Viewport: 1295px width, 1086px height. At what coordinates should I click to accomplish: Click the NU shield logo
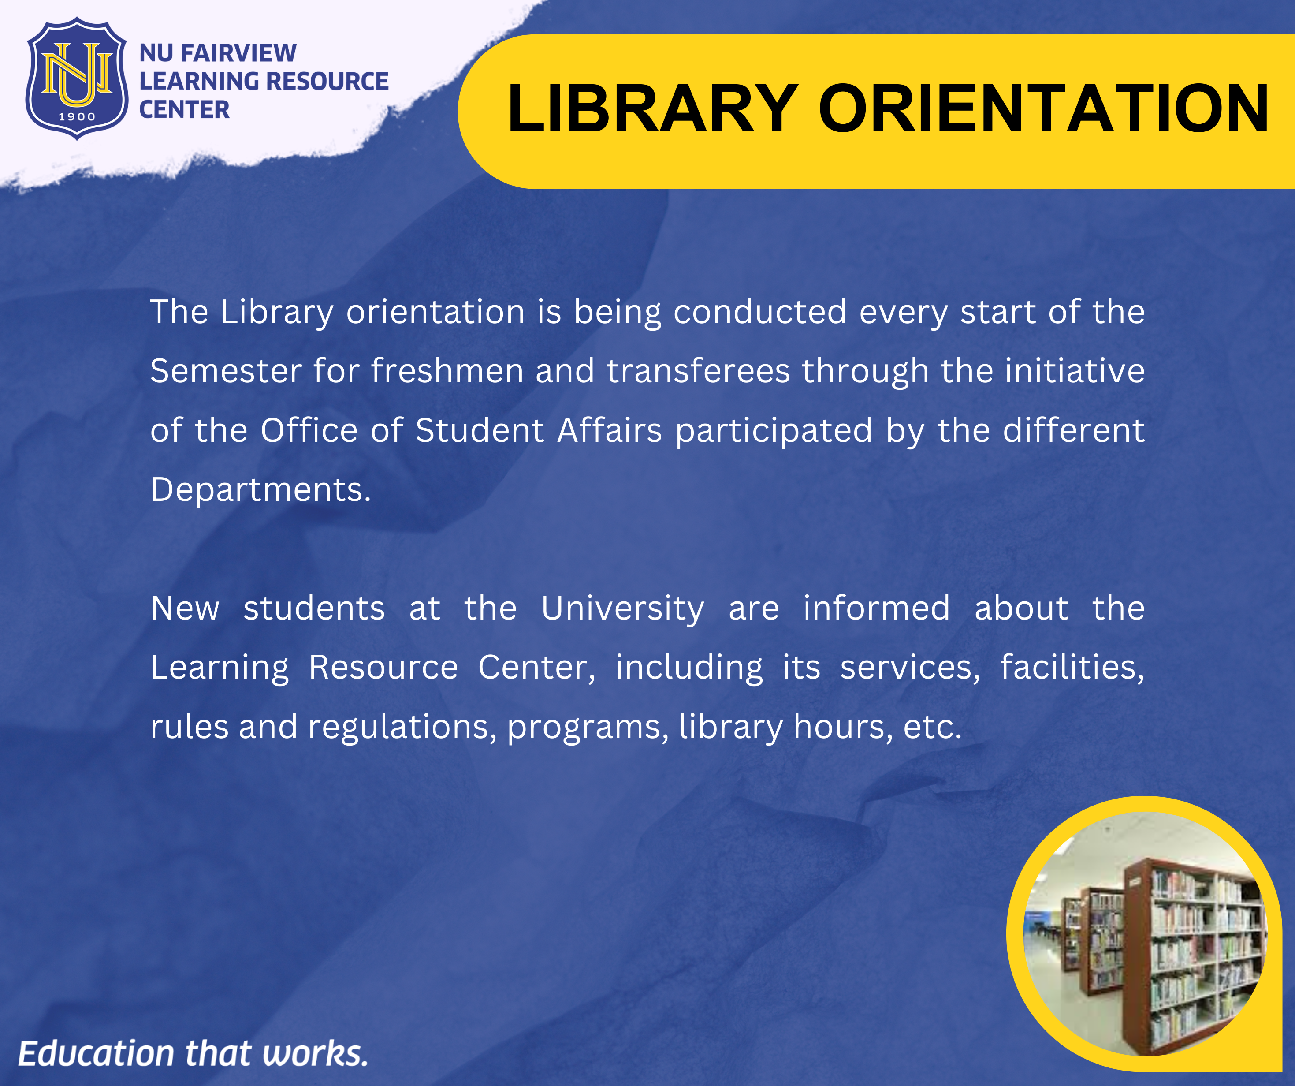pyautogui.click(x=77, y=78)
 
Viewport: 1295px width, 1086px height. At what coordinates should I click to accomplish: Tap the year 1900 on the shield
pyautogui.click(x=77, y=116)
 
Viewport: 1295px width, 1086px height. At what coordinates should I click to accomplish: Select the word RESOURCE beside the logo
pyautogui.click(x=327, y=82)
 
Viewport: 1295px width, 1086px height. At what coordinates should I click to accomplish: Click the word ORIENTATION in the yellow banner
pyautogui.click(x=1043, y=109)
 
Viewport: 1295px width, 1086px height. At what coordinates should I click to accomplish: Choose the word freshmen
pyautogui.click(x=447, y=371)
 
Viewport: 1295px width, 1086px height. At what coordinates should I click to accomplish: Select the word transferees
pyautogui.click(x=698, y=371)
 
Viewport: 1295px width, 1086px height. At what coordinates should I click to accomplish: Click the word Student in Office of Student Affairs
pyautogui.click(x=480, y=430)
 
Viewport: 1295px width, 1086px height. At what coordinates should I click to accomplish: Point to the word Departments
pyautogui.click(x=261, y=490)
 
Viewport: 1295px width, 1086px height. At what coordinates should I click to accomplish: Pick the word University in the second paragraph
pyautogui.click(x=623, y=609)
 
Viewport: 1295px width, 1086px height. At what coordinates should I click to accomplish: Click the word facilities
pyautogui.click(x=1072, y=668)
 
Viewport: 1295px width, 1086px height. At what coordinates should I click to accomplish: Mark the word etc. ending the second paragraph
pyautogui.click(x=932, y=728)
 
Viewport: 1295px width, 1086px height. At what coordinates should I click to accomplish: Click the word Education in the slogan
pyautogui.click(x=96, y=1053)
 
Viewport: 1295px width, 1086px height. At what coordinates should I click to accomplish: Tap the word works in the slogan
pyautogui.click(x=315, y=1053)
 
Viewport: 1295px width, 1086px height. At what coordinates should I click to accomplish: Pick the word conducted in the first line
pyautogui.click(x=760, y=312)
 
